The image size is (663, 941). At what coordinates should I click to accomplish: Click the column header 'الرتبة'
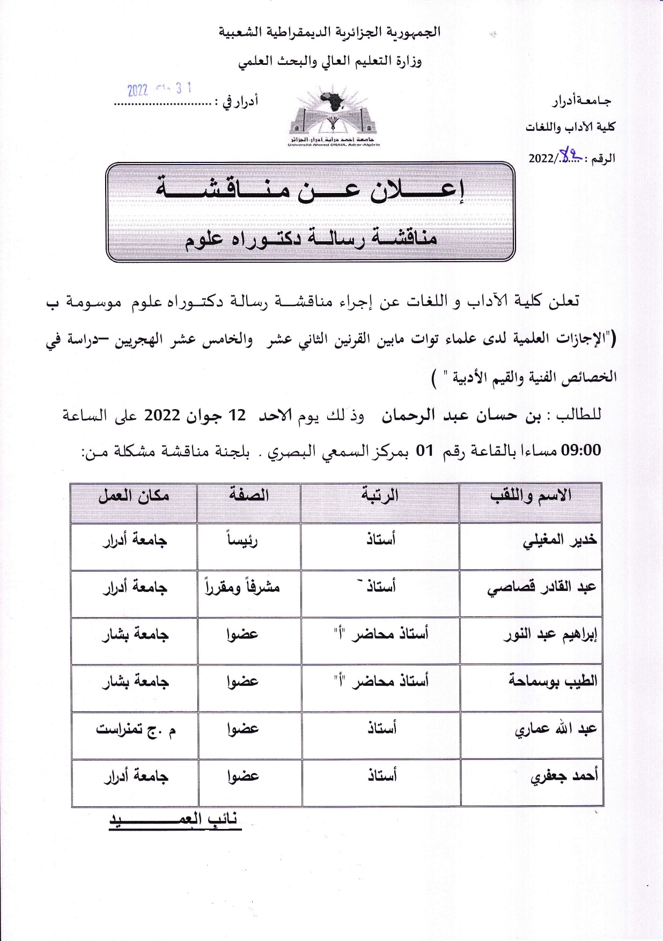click(x=380, y=495)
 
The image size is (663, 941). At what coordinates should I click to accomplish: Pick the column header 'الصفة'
click(x=249, y=495)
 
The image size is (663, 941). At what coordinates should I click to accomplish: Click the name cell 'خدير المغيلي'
click(x=559, y=541)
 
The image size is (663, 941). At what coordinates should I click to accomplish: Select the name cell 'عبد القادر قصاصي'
click(x=542, y=588)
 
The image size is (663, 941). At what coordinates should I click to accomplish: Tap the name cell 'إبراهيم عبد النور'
click(x=550, y=635)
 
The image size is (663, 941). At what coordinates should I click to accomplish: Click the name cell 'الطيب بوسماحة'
click(x=552, y=681)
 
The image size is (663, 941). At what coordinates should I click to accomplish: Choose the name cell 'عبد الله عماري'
click(x=556, y=729)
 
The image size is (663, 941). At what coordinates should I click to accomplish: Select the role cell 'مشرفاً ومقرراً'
click(x=242, y=588)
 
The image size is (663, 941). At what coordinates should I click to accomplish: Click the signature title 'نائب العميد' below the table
click(x=175, y=820)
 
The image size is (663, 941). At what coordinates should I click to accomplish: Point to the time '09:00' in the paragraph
click(x=580, y=450)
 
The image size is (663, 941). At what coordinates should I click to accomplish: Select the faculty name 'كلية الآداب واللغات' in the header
click(x=570, y=128)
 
